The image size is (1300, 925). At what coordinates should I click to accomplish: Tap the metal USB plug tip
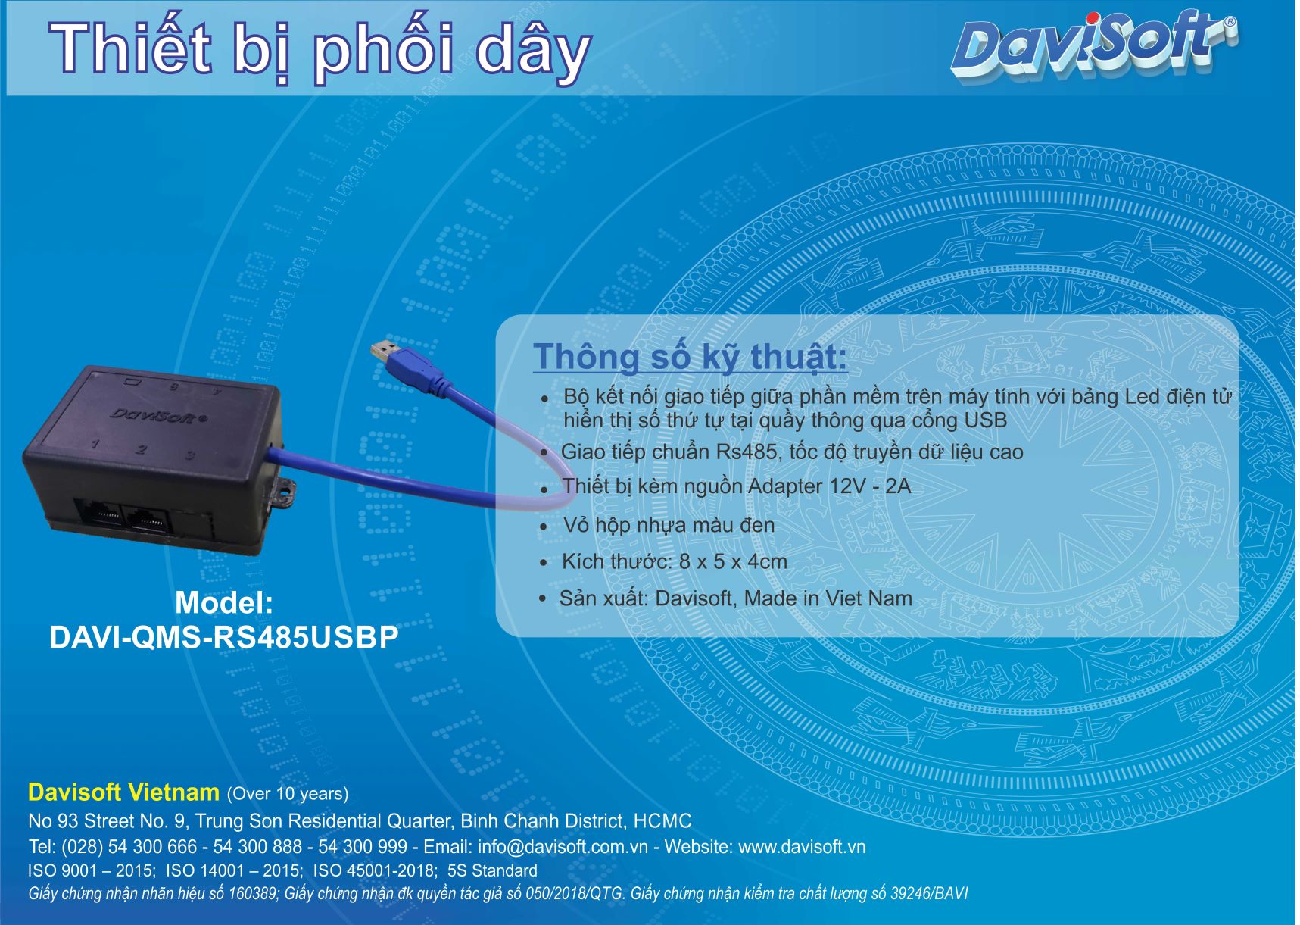pos(384,351)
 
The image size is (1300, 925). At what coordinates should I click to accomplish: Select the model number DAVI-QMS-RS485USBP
pos(224,638)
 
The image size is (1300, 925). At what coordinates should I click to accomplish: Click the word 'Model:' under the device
pos(224,603)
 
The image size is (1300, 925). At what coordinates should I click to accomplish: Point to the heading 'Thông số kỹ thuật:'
pos(690,357)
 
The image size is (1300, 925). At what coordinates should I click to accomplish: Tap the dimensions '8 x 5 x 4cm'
pos(733,562)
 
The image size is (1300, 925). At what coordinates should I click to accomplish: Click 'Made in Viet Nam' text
pos(828,598)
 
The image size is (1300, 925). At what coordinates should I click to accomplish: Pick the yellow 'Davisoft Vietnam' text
pos(123,792)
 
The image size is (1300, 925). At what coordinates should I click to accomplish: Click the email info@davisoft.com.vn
pos(563,847)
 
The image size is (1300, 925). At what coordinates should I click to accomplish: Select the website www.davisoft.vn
pos(802,847)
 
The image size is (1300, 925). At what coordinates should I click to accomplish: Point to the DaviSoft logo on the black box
pos(158,415)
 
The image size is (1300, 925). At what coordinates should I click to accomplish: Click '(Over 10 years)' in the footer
pos(288,794)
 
